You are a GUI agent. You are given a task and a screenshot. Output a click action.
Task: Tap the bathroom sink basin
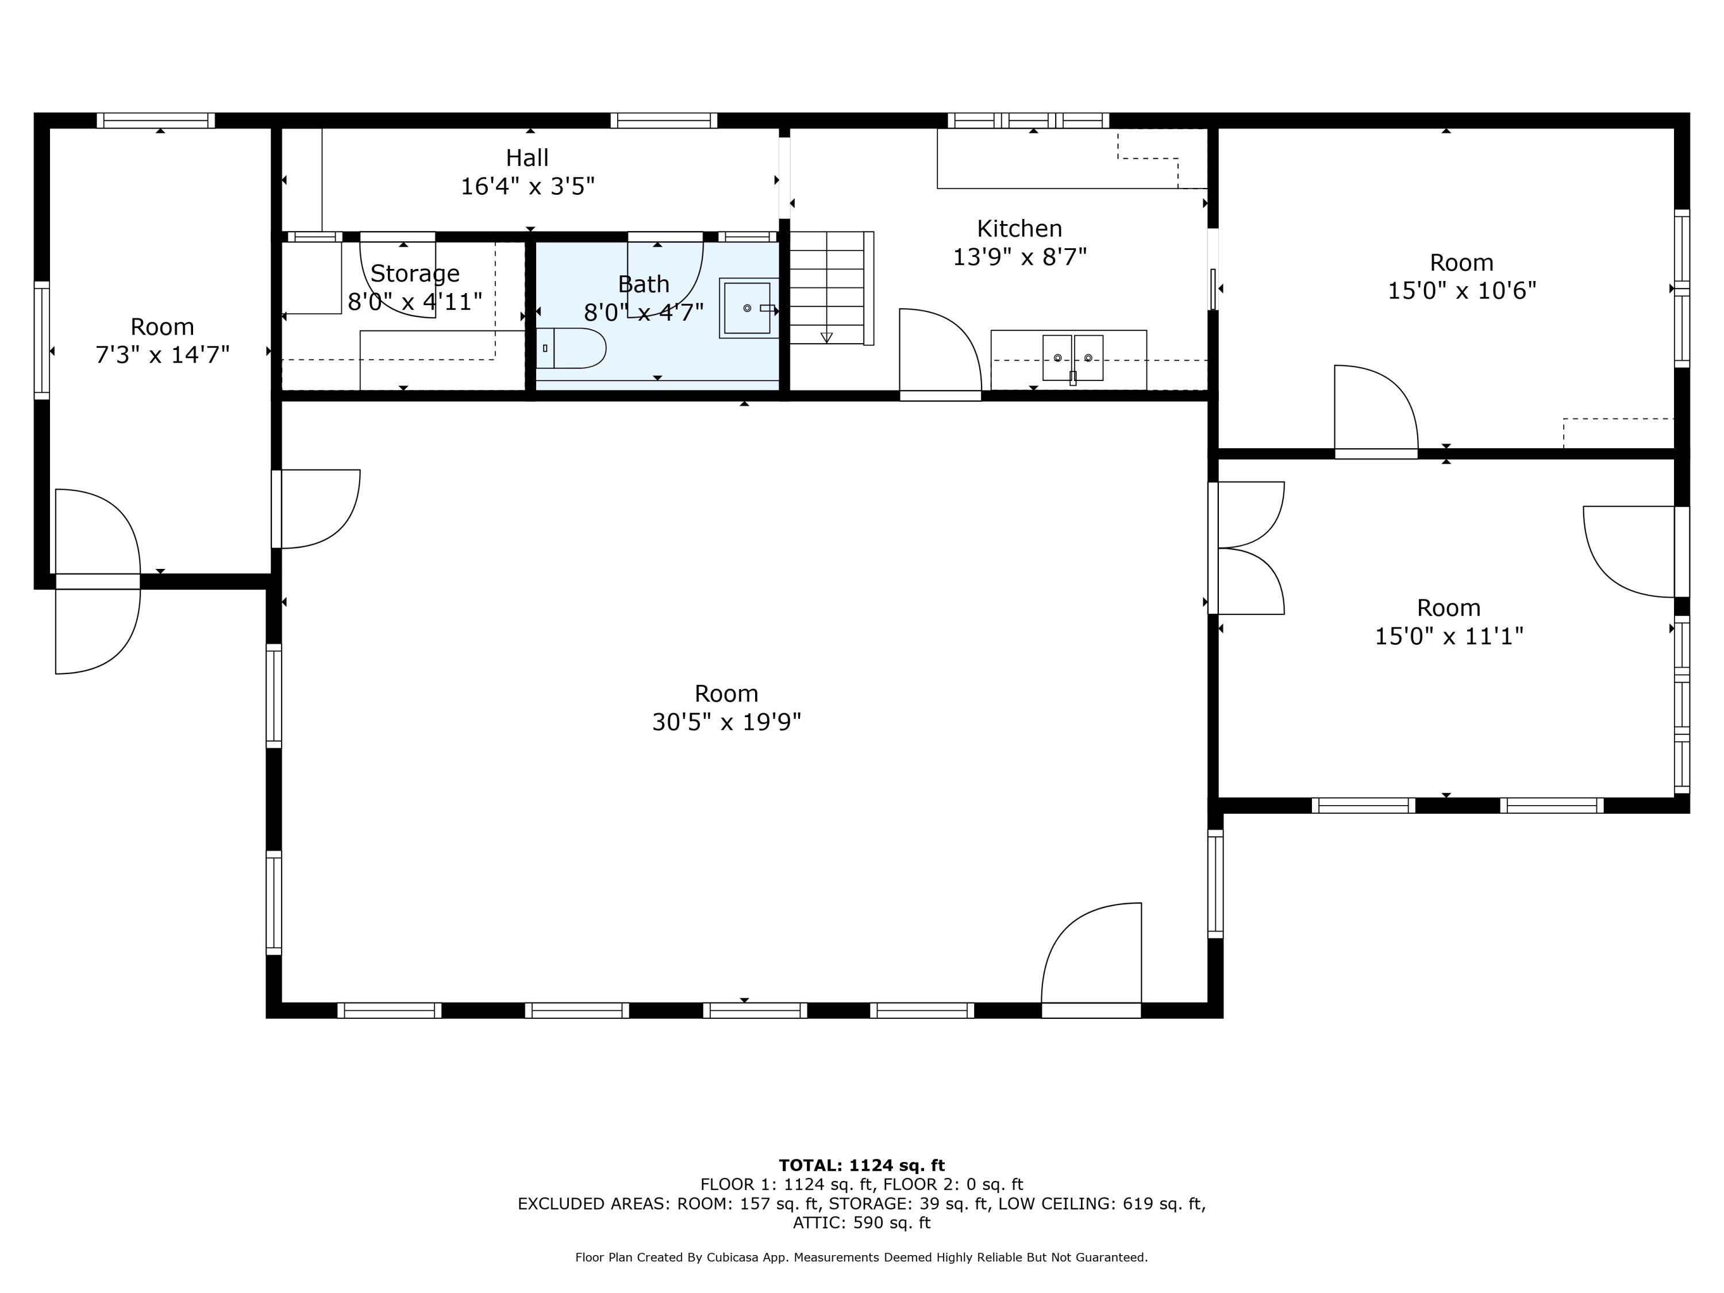(x=746, y=308)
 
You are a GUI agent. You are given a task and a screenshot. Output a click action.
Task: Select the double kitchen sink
(x=1072, y=358)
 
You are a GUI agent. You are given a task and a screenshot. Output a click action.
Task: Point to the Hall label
(x=528, y=158)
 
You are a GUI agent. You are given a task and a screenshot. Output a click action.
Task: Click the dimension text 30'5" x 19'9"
(x=726, y=722)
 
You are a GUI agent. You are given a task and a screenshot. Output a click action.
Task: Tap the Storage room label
(x=415, y=274)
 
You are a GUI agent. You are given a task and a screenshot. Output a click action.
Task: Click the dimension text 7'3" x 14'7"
(x=162, y=355)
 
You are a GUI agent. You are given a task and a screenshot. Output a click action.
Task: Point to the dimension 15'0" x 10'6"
(x=1461, y=291)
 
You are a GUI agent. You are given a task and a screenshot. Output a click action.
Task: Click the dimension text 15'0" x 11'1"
(x=1448, y=637)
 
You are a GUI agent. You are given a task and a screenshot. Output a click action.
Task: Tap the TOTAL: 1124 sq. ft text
(x=861, y=1166)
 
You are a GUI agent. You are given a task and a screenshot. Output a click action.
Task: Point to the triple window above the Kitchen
(x=1028, y=121)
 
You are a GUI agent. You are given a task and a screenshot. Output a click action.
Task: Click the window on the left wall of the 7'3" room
(x=42, y=341)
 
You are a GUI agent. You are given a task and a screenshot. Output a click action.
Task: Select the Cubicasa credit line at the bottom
(x=861, y=1257)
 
